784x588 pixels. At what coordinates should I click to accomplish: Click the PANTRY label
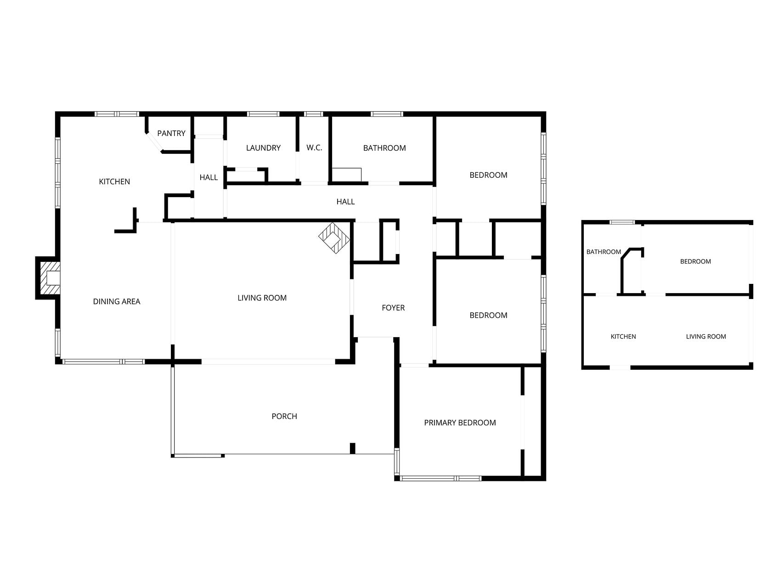171,133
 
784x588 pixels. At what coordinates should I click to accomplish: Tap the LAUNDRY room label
263,148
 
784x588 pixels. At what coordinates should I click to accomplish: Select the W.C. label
315,148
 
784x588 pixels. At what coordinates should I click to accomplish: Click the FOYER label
393,308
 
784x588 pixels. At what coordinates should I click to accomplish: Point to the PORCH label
284,416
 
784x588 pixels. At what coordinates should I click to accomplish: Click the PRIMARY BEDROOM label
460,423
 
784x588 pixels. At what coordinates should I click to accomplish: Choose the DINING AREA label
117,301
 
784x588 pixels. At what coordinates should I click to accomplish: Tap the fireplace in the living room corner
334,238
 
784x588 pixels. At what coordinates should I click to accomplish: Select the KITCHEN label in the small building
623,337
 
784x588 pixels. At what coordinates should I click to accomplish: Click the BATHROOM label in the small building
604,252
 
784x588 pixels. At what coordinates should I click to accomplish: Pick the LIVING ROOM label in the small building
706,337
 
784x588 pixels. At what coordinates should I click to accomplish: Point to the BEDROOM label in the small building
695,261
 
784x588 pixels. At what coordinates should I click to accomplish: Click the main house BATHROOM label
384,148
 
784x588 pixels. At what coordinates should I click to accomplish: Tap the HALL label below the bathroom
345,202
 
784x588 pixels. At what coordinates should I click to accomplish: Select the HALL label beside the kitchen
209,177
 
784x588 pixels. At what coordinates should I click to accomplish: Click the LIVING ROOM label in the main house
262,298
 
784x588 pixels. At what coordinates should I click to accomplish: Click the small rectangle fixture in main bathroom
347,175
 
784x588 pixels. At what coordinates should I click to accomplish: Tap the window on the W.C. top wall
313,114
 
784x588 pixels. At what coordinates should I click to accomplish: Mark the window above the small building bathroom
622,222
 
